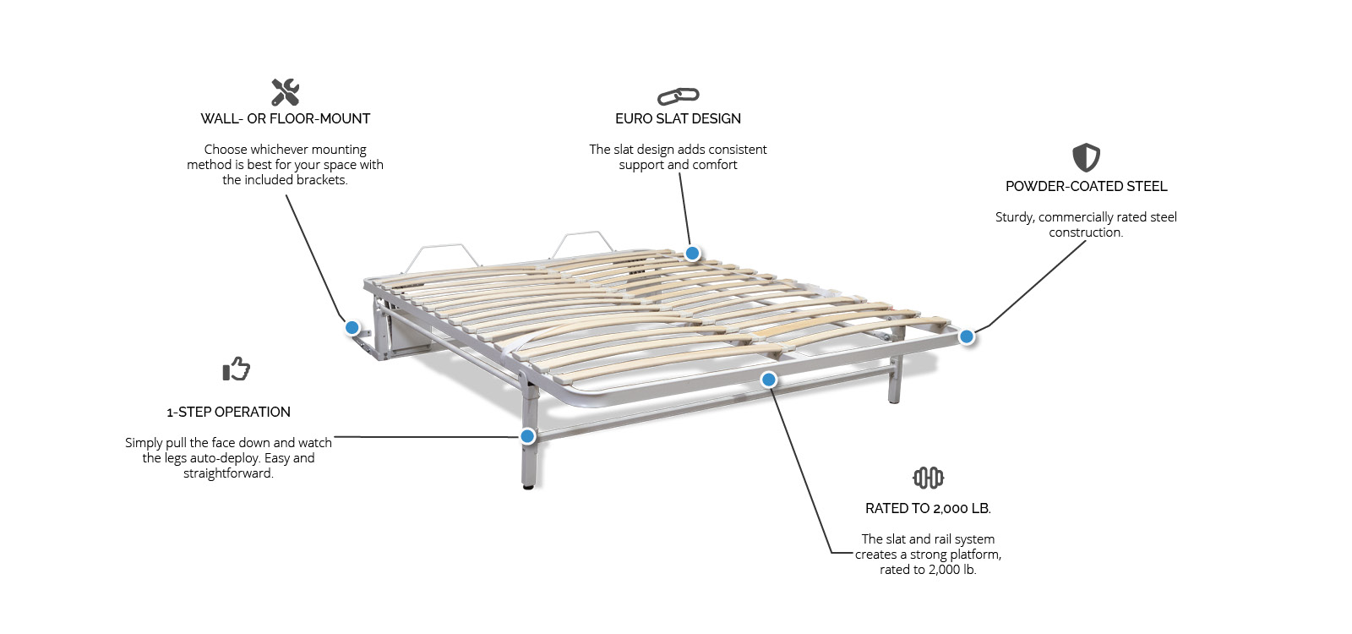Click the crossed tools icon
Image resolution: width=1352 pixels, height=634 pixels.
click(x=285, y=92)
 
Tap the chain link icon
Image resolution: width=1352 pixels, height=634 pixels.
click(x=678, y=96)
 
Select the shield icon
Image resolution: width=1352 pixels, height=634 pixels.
click(x=1086, y=157)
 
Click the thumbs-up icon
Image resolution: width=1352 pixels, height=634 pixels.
click(x=236, y=369)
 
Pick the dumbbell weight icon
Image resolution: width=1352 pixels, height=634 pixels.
click(x=928, y=478)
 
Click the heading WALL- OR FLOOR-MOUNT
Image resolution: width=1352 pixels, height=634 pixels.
click(x=286, y=119)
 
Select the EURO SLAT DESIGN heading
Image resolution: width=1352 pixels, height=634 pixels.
click(x=678, y=119)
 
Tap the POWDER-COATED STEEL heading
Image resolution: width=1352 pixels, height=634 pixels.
click(x=1086, y=187)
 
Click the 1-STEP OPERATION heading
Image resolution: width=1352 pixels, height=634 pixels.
click(x=228, y=413)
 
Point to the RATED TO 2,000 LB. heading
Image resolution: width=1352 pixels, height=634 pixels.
click(x=928, y=509)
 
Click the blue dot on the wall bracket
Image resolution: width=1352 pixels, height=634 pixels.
click(x=352, y=328)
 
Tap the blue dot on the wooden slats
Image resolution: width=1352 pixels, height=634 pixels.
click(x=692, y=254)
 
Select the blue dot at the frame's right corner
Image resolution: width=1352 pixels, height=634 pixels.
click(x=967, y=337)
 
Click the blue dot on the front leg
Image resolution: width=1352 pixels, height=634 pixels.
click(x=527, y=436)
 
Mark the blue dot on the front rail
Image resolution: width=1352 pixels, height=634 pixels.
click(x=768, y=380)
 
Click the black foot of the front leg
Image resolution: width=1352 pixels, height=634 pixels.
click(x=529, y=486)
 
